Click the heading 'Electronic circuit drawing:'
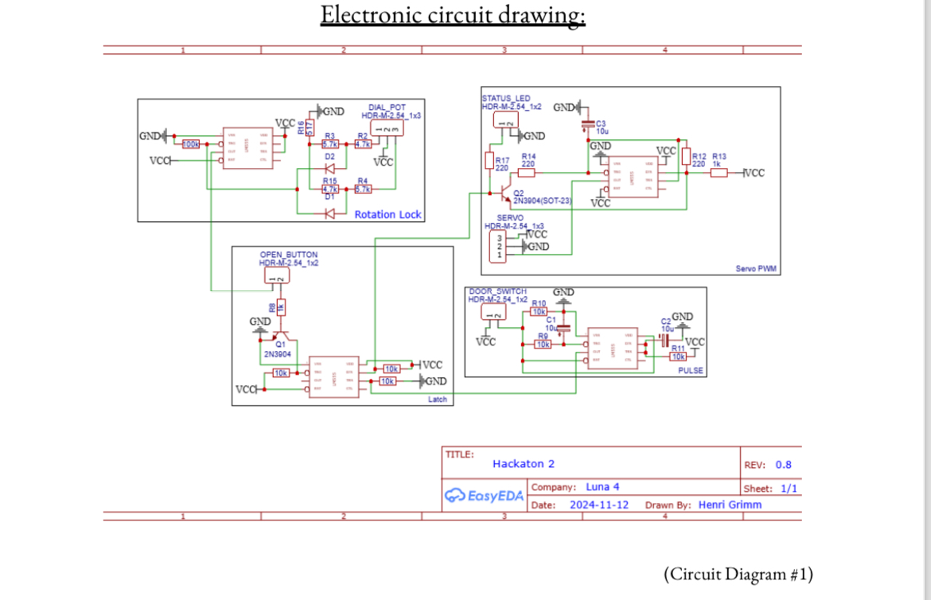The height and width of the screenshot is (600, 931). [453, 15]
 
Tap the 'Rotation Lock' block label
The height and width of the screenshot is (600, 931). [388, 215]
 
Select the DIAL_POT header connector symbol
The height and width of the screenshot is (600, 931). [388, 129]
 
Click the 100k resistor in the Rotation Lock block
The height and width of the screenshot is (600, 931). [192, 144]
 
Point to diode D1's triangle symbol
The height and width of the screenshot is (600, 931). [329, 213]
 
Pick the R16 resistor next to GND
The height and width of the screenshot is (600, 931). [310, 127]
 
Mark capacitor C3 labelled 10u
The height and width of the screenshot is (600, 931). [588, 126]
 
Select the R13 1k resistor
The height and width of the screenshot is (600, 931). [719, 173]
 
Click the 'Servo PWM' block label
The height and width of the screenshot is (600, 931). [755, 269]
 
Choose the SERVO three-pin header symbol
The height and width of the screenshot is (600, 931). [500, 246]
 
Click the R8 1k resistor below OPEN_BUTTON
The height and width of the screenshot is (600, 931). [281, 307]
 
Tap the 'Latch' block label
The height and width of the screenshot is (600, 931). [438, 399]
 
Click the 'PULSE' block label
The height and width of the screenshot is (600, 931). [691, 371]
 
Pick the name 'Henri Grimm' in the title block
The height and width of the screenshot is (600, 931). [730, 505]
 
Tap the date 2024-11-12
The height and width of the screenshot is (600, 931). [599, 505]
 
